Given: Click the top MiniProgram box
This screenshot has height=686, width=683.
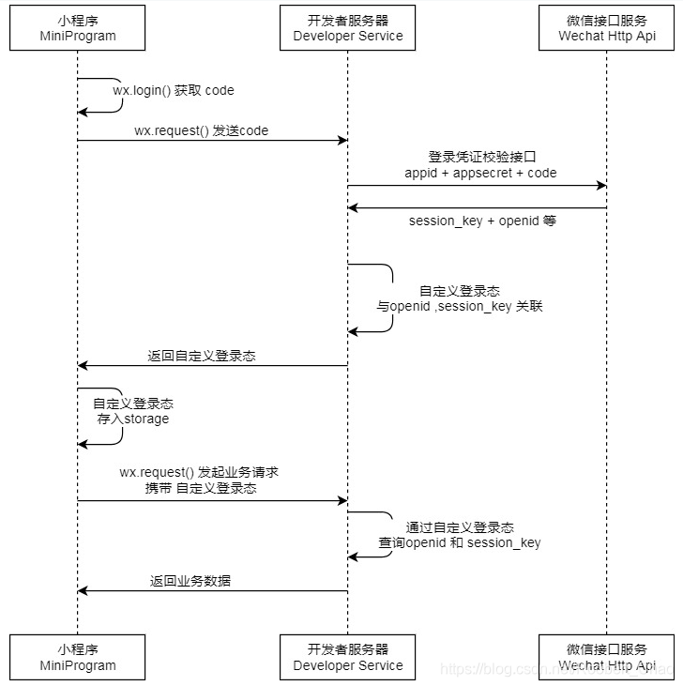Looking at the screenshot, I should (77, 27).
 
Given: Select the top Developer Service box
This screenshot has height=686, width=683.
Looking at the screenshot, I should (347, 27).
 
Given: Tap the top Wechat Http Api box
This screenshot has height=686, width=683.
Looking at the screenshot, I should (606, 27).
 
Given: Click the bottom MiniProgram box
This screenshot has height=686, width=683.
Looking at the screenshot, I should (77, 657).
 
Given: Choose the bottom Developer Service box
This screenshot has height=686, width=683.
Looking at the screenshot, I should (347, 657).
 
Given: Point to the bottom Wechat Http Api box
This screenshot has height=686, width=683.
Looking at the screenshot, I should (606, 657).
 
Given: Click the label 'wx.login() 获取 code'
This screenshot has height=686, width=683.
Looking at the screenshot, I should (174, 91).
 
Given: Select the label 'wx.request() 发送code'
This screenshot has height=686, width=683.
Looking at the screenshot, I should (201, 130).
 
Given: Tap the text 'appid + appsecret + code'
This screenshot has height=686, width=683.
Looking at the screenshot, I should (480, 173).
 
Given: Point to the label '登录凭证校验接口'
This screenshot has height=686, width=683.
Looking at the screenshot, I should (480, 157).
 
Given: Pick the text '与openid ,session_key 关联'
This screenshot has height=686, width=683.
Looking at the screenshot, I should (460, 307).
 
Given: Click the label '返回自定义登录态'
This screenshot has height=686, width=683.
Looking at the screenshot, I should (202, 357).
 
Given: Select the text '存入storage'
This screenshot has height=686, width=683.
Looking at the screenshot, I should (133, 419).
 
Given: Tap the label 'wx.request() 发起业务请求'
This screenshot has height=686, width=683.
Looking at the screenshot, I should (199, 473).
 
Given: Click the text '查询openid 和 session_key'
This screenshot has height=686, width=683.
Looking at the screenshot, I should (460, 543).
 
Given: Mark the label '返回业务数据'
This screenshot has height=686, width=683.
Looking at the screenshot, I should (190, 581).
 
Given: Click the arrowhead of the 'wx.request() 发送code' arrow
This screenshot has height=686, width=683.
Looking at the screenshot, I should (342, 141).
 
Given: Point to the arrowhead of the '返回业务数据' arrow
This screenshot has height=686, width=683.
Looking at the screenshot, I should (83, 591).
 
